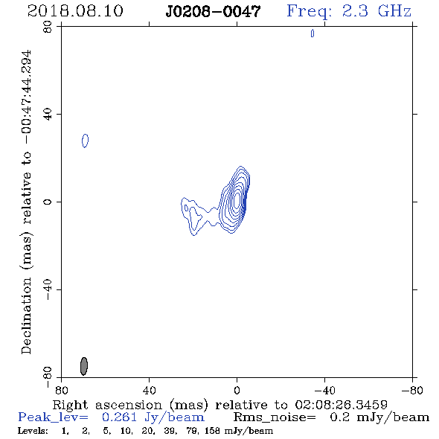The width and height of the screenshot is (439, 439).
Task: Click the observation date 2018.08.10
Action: pyautogui.click(x=75, y=11)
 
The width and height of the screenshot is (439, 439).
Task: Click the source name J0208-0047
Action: pyautogui.click(x=213, y=11)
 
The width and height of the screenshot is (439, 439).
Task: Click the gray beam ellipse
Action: pyautogui.click(x=84, y=366)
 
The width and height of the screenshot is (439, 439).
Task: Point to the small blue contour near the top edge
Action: pyautogui.click(x=313, y=33)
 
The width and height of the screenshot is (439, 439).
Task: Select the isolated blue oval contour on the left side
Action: pyautogui.click(x=85, y=141)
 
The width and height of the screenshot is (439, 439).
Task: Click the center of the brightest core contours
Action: pyautogui.click(x=237, y=200)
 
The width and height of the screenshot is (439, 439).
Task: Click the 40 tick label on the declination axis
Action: pyautogui.click(x=48, y=115)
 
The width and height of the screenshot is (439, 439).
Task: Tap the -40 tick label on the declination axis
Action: pyautogui.click(x=48, y=289)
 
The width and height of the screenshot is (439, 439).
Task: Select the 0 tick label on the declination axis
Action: pyautogui.click(x=48, y=202)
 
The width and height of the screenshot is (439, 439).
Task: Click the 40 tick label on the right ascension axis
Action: pyautogui.click(x=149, y=390)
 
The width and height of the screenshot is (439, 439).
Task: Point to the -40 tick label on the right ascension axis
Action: pyautogui.click(x=324, y=390)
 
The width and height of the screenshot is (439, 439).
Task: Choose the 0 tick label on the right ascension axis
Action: pyautogui.click(x=237, y=390)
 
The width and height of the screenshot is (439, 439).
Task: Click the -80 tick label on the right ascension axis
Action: pyautogui.click(x=412, y=390)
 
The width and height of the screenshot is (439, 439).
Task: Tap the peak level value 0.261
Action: pyautogui.click(x=119, y=417)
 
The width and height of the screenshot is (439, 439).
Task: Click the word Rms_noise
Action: pyautogui.click(x=275, y=417)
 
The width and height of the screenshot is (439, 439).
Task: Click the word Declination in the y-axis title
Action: pyautogui.click(x=26, y=315)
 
